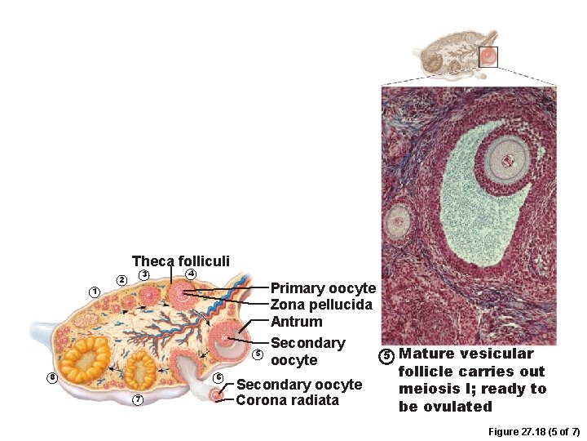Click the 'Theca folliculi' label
click(x=180, y=261)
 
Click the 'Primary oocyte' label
click(x=323, y=288)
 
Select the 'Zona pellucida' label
click(x=321, y=305)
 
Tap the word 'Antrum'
click(x=296, y=322)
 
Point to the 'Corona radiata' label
click(x=287, y=400)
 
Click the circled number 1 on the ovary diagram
click(x=95, y=292)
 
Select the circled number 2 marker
click(x=121, y=280)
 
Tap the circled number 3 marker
click(x=142, y=274)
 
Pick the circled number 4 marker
click(x=190, y=273)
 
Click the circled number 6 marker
click(x=218, y=377)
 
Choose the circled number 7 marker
click(x=138, y=399)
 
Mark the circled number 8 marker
click(x=52, y=377)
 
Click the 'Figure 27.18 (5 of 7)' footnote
click(x=533, y=431)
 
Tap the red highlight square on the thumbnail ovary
click(x=488, y=56)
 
